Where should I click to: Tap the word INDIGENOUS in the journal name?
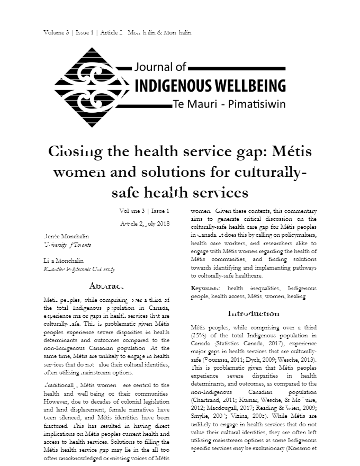click(170, 85)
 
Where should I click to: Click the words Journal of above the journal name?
click(161, 67)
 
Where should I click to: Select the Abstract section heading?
click(106, 285)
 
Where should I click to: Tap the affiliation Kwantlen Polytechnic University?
click(79, 270)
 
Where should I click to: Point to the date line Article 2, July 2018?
click(145, 223)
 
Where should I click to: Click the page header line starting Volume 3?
click(118, 32)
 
